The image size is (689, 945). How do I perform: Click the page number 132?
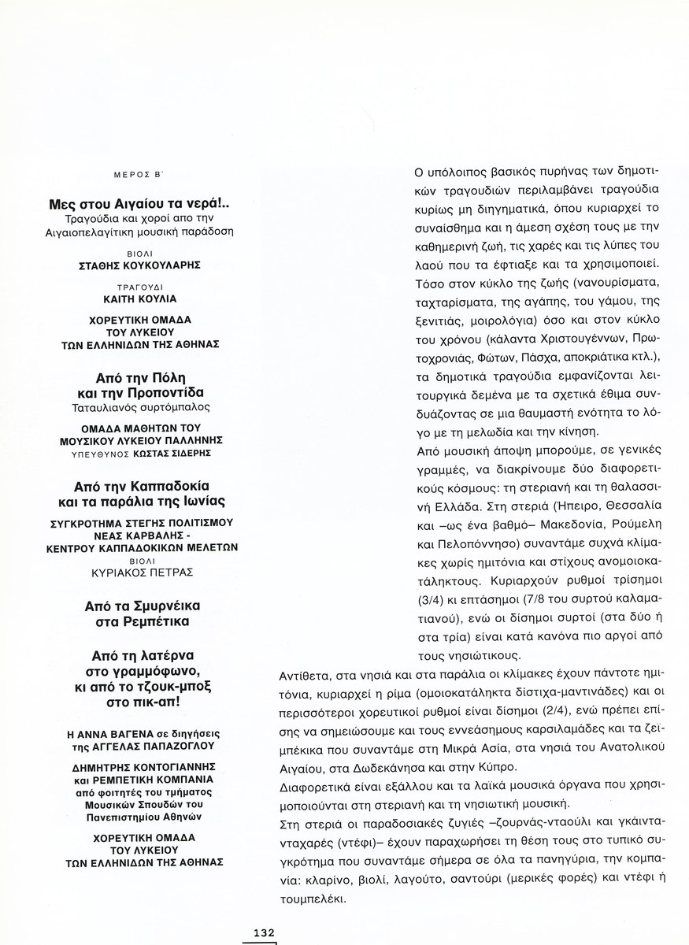coord(263,932)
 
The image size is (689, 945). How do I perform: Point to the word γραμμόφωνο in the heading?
coord(157,672)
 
